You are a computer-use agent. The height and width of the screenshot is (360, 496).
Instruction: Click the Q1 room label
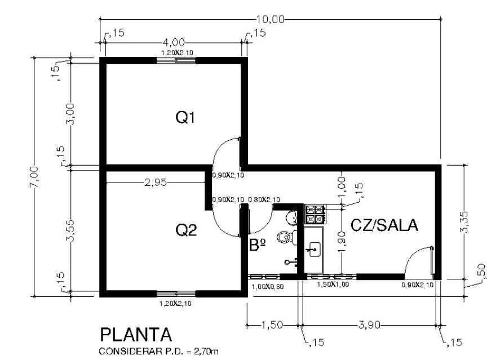[x=185, y=118]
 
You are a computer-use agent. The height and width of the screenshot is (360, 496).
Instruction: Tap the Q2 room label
[x=186, y=230]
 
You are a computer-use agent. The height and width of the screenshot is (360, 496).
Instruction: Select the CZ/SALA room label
[x=384, y=225]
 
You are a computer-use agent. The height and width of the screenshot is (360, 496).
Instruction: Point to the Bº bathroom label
[x=257, y=245]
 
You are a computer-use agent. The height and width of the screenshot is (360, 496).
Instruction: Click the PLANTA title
[x=136, y=335]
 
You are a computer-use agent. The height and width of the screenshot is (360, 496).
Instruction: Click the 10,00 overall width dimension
[x=270, y=19]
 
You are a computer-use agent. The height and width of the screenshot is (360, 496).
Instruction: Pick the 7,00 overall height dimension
[x=34, y=177]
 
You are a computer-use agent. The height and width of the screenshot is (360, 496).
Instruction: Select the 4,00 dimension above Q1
[x=174, y=42]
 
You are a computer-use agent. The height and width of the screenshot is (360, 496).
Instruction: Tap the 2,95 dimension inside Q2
[x=156, y=183]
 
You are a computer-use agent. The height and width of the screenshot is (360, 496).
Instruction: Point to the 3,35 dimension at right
[x=464, y=222]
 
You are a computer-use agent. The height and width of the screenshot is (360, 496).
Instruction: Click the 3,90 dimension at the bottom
[x=369, y=325]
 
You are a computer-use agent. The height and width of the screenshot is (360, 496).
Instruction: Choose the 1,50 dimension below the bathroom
[x=272, y=325]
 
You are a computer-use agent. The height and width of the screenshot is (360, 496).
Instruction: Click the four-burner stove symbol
[x=315, y=214]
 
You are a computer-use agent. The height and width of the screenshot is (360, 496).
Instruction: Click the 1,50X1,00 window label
[x=333, y=285]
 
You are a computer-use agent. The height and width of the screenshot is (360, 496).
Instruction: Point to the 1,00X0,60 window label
[x=268, y=287]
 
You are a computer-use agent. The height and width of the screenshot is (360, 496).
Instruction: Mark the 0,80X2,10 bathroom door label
[x=264, y=200]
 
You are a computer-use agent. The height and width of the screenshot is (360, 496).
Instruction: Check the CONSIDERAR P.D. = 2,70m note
[x=158, y=352]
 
